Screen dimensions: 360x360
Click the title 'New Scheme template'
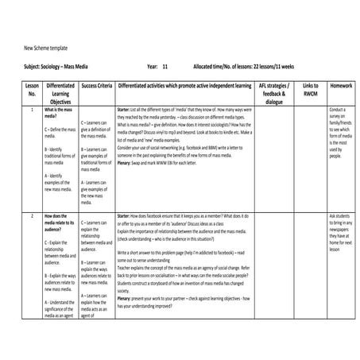point(45,48)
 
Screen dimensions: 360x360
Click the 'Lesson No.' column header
point(32,88)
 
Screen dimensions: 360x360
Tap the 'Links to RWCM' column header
point(310,88)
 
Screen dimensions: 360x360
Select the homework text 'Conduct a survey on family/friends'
point(339,120)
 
